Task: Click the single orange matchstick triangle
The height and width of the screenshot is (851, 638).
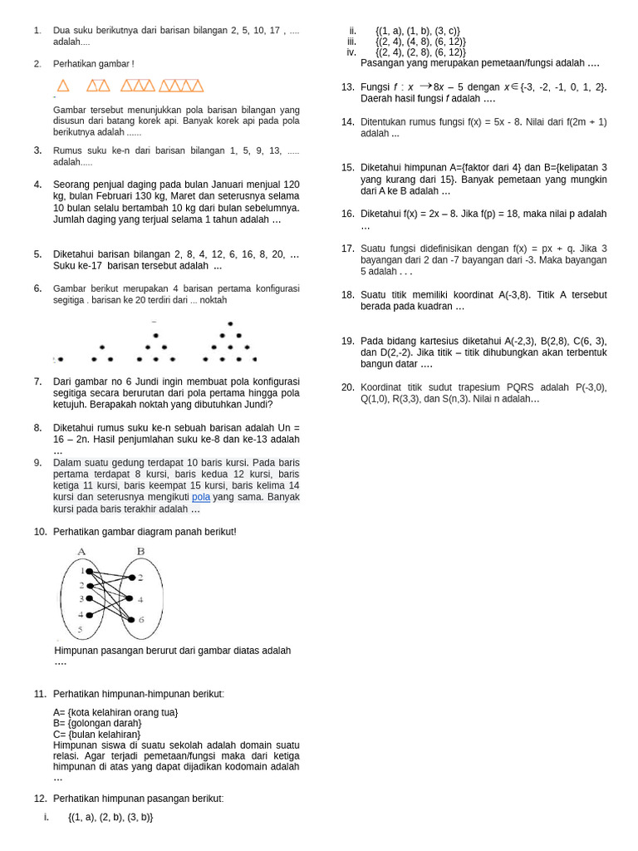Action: pyautogui.click(x=63, y=85)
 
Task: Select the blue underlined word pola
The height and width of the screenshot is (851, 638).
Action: pyautogui.click(x=200, y=497)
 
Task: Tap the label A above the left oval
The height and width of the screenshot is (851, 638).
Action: pyautogui.click(x=81, y=551)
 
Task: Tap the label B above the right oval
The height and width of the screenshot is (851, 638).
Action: pyautogui.click(x=140, y=551)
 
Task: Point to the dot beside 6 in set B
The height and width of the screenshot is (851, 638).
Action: pyautogui.click(x=131, y=619)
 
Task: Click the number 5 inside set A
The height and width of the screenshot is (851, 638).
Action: pyautogui.click(x=81, y=630)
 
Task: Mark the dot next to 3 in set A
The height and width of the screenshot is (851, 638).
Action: pyautogui.click(x=90, y=599)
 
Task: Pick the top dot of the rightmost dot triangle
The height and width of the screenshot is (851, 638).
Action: pyautogui.click(x=230, y=323)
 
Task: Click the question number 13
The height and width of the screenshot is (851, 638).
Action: pyautogui.click(x=347, y=86)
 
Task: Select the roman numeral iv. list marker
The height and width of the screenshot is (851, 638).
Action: pyautogui.click(x=351, y=52)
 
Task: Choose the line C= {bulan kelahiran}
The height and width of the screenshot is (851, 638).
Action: pyautogui.click(x=96, y=734)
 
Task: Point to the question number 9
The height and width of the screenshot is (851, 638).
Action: pyautogui.click(x=38, y=462)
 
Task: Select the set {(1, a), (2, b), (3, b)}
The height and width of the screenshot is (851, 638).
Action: pyautogui.click(x=110, y=817)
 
